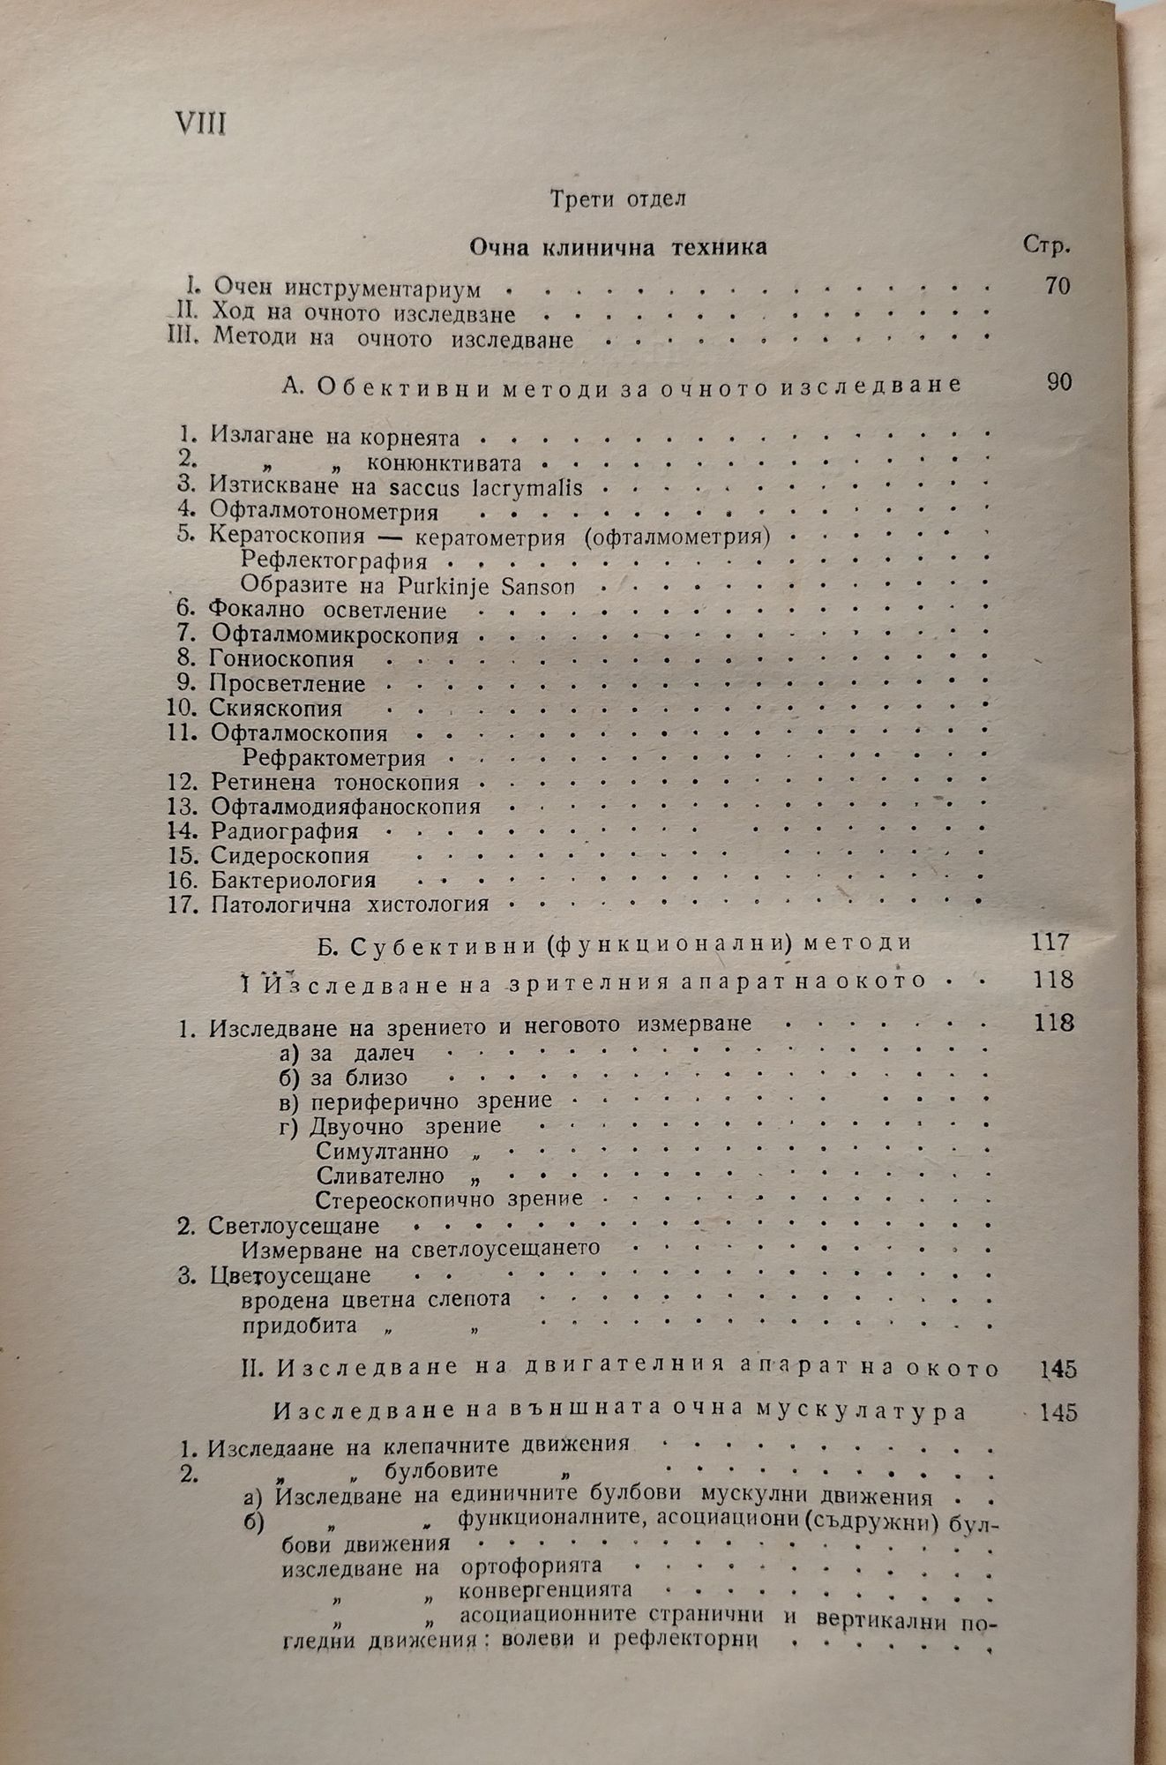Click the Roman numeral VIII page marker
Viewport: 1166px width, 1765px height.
tap(199, 123)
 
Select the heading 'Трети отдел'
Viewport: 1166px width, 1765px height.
tap(617, 199)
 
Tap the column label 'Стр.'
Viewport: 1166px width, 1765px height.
tap(1047, 245)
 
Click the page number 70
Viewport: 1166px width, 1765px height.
tap(1055, 286)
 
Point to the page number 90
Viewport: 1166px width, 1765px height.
tap(1058, 382)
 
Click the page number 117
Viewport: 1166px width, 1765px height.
tap(1050, 942)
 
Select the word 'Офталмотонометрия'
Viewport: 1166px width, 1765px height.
tap(324, 512)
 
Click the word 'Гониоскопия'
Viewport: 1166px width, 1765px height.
tap(281, 658)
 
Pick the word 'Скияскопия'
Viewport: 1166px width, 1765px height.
tap(276, 708)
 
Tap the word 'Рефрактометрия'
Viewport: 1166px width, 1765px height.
tap(334, 757)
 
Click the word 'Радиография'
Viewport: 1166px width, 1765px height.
tap(284, 830)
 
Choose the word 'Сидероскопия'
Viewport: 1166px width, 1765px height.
tap(289, 855)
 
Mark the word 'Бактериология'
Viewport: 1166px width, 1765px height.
tap(293, 880)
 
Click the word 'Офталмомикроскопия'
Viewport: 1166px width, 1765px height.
tap(334, 635)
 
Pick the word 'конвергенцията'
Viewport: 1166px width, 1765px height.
tap(546, 1589)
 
